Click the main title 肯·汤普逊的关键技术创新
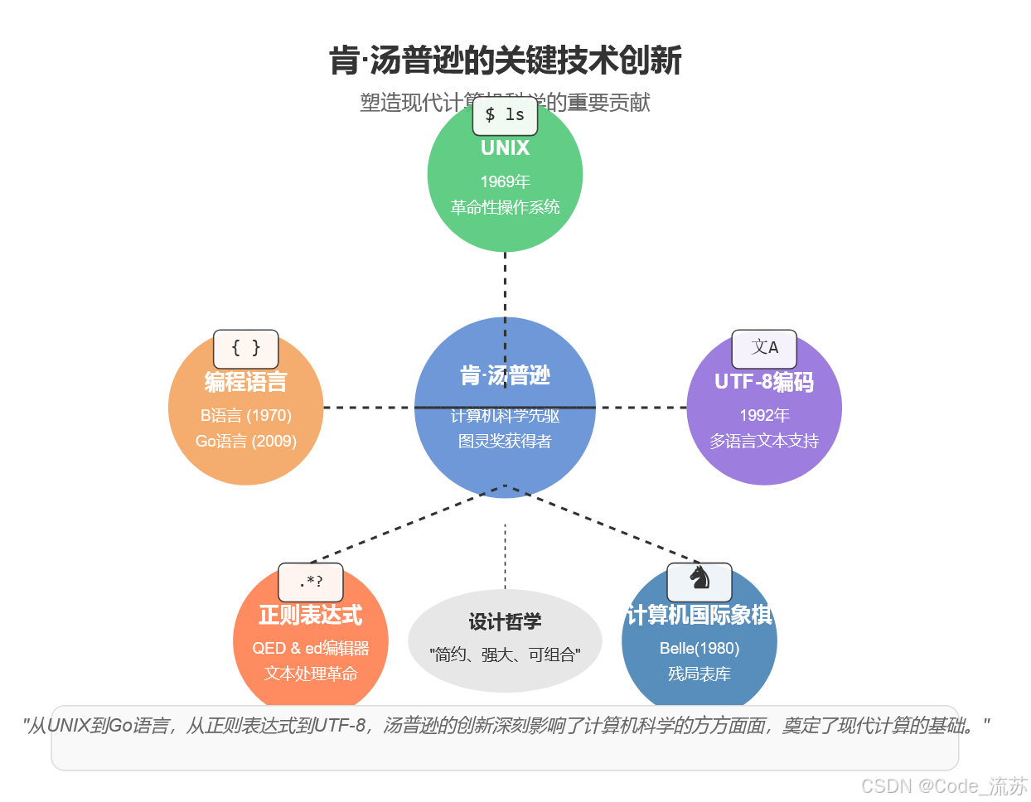pyautogui.click(x=506, y=61)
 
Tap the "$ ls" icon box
pyautogui.click(x=505, y=115)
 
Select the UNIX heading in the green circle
pyautogui.click(x=505, y=148)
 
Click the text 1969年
pyautogui.click(x=505, y=181)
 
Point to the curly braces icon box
pyautogui.click(x=245, y=349)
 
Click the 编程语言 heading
pyautogui.click(x=245, y=382)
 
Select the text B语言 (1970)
pyautogui.click(x=245, y=416)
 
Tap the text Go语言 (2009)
pyautogui.click(x=245, y=442)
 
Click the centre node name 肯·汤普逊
pyautogui.click(x=505, y=376)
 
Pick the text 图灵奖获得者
pyautogui.click(x=505, y=442)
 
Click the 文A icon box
pyautogui.click(x=764, y=349)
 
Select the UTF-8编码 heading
pyautogui.click(x=764, y=382)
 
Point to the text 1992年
pyautogui.click(x=764, y=416)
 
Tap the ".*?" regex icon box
pyautogui.click(x=311, y=582)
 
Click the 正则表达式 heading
pyautogui.click(x=311, y=615)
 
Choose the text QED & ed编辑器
pyautogui.click(x=311, y=649)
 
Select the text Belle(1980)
pyautogui.click(x=699, y=649)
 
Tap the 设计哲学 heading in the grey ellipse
pyautogui.click(x=505, y=622)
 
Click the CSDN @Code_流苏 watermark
pyautogui.click(x=944, y=786)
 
